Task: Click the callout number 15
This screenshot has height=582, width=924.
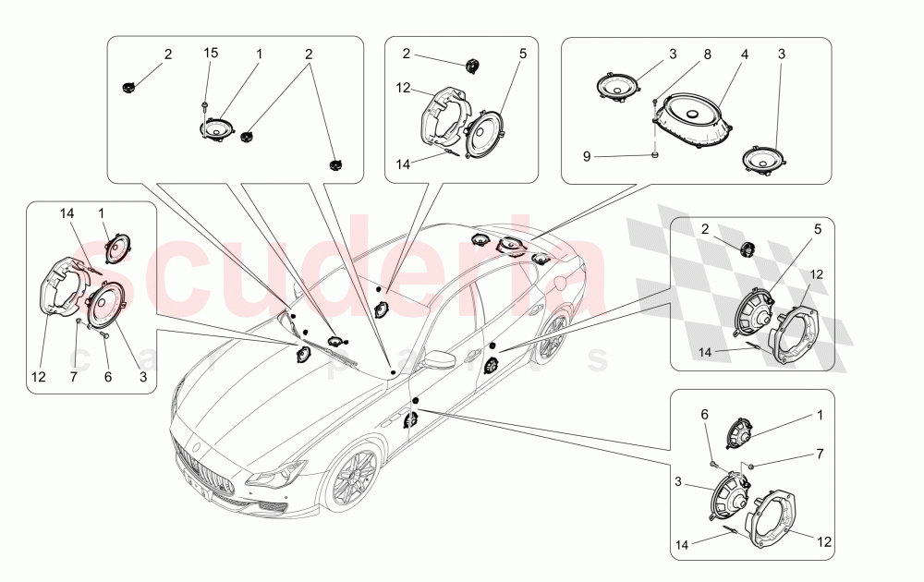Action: click(211, 55)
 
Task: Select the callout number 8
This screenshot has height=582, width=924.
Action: click(707, 55)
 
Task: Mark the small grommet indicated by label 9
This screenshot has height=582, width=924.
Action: click(655, 155)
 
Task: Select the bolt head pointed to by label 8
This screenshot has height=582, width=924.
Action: click(655, 99)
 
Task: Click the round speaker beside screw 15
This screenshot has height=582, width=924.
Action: click(219, 129)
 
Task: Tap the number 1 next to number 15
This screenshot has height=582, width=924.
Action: click(259, 55)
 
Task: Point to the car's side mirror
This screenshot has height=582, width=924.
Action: click(434, 358)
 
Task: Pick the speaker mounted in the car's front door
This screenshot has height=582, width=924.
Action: click(409, 421)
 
